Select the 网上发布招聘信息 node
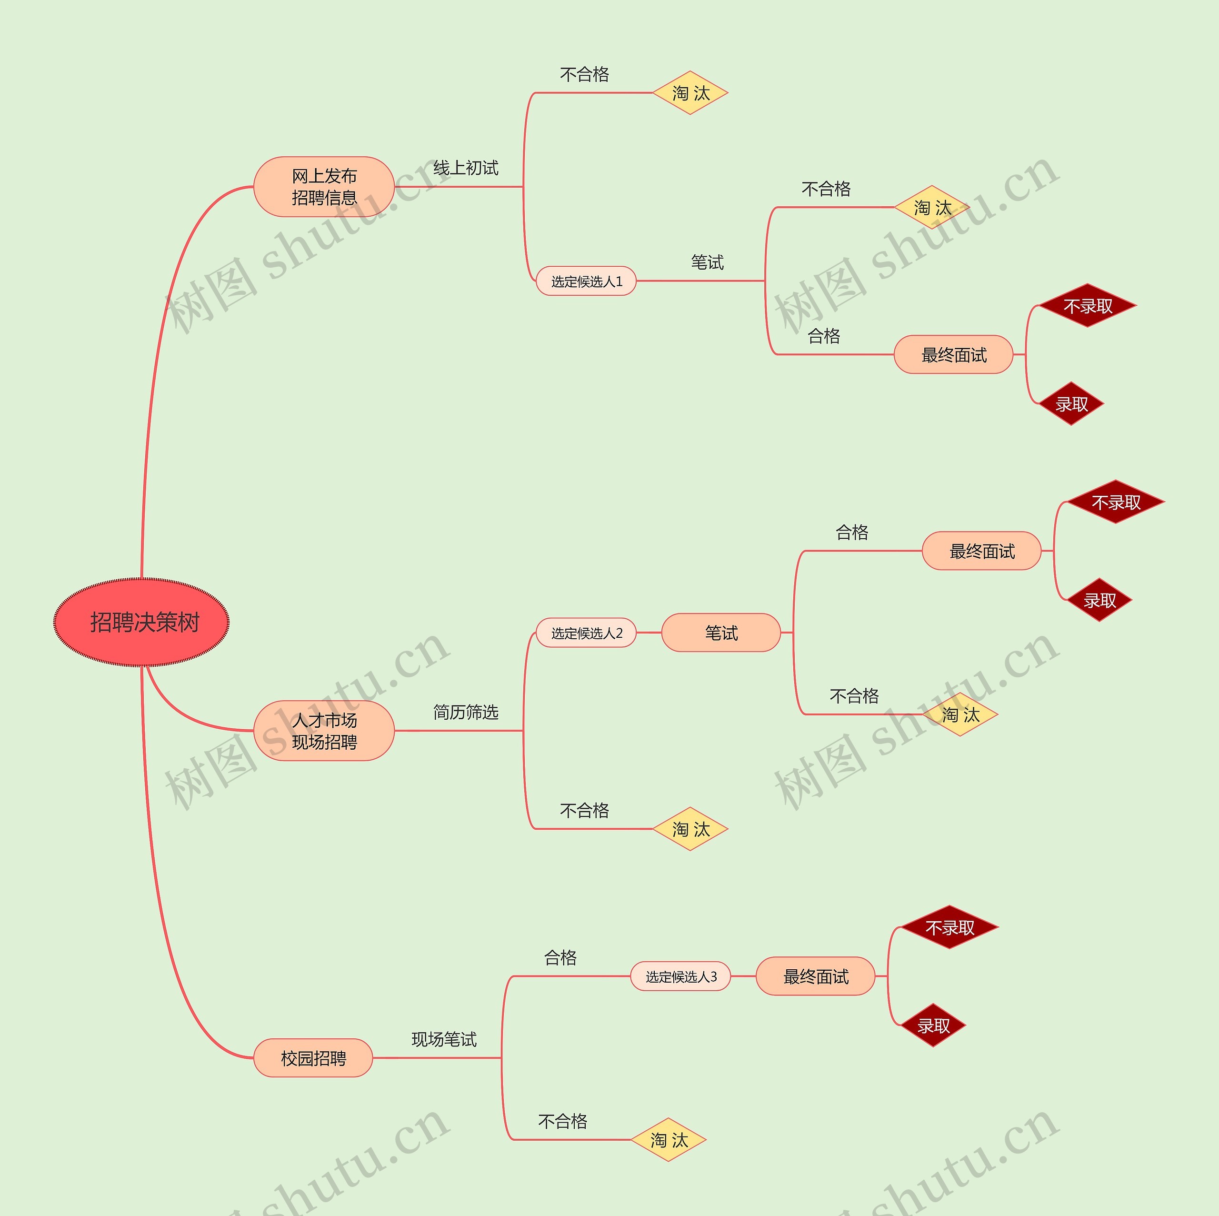click(x=324, y=187)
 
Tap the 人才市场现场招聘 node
click(x=324, y=731)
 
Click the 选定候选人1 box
click(x=586, y=281)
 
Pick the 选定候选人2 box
click(x=586, y=633)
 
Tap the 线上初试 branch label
click(x=466, y=168)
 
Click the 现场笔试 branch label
click(x=444, y=1039)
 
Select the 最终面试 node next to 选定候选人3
click(x=815, y=976)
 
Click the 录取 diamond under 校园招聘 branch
click(x=933, y=1025)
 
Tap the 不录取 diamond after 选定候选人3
click(x=949, y=928)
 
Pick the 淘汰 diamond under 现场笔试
click(x=668, y=1140)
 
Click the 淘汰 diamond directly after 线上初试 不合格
click(x=690, y=93)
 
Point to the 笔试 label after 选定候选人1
click(x=707, y=262)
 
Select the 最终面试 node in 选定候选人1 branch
click(x=953, y=355)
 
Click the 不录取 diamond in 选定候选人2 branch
click(x=1116, y=502)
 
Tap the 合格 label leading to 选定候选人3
click(x=560, y=958)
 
